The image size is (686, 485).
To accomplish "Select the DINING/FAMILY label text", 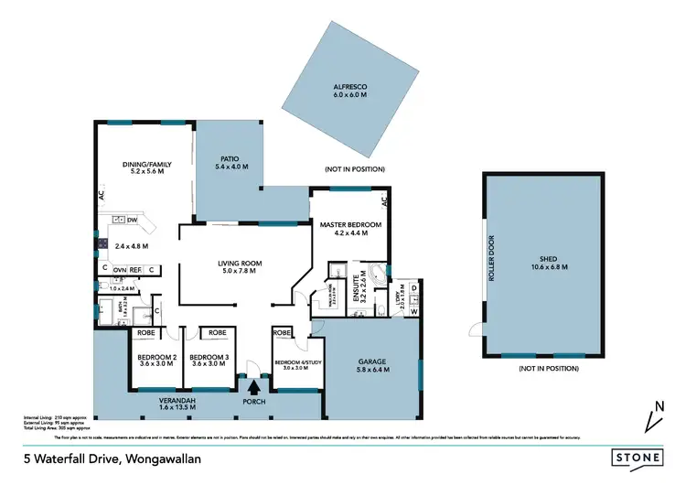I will click(146, 166).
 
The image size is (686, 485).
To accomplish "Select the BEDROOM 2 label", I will click(156, 356).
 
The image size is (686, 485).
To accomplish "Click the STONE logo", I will click(638, 456).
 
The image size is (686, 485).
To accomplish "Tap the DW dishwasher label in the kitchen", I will click(133, 220).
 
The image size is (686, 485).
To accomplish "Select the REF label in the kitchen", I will click(134, 270).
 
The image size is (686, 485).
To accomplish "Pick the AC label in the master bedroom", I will click(385, 200).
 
